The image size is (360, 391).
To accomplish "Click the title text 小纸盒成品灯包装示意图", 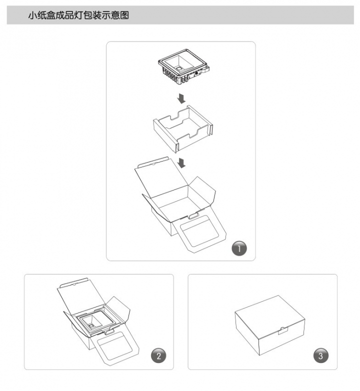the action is click(78, 15).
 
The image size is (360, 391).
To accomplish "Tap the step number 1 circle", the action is click(239, 248).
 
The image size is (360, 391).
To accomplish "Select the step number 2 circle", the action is click(158, 355).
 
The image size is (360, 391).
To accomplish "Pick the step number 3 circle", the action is click(320, 355).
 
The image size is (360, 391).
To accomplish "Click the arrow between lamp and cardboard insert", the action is click(181, 98).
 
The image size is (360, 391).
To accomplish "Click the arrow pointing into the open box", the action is click(181, 163).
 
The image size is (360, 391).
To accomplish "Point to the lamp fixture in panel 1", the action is click(183, 66).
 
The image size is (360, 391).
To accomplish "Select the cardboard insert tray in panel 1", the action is click(182, 128).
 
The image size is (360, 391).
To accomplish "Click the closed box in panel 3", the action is click(270, 325).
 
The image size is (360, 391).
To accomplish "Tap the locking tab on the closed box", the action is click(283, 330).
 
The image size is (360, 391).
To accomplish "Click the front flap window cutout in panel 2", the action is click(115, 347).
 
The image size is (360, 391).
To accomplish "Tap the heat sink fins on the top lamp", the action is click(172, 75).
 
